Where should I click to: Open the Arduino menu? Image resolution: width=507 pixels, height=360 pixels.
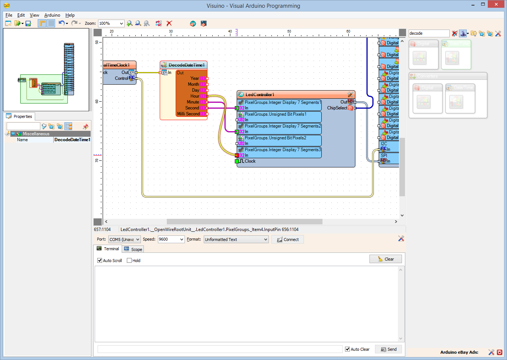pyautogui.click(x=52, y=15)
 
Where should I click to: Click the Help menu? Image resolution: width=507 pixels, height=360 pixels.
pyautogui.click(x=70, y=15)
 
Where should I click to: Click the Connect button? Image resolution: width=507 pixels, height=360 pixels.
pyautogui.click(x=288, y=240)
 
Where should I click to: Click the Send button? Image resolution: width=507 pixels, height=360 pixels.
pyautogui.click(x=388, y=349)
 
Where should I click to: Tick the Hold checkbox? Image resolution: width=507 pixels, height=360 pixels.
pyautogui.click(x=129, y=261)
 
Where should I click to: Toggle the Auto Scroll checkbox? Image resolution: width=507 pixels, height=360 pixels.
pyautogui.click(x=100, y=261)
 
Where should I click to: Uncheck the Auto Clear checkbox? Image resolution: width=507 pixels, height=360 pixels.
pyautogui.click(x=347, y=349)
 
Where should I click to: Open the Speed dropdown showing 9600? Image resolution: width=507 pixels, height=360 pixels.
pyautogui.click(x=171, y=240)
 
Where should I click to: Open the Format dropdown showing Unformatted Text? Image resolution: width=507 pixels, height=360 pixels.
pyautogui.click(x=236, y=240)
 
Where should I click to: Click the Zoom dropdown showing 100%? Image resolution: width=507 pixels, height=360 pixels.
pyautogui.click(x=111, y=23)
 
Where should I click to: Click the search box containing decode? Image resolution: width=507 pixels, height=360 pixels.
pyautogui.click(x=429, y=33)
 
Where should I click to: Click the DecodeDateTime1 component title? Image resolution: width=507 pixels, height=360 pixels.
pyautogui.click(x=186, y=65)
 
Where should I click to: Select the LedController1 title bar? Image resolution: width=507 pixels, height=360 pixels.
pyautogui.click(x=260, y=95)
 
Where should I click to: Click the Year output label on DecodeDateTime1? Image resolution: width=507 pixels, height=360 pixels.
pyautogui.click(x=195, y=78)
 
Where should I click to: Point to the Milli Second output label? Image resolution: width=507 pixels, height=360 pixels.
pyautogui.click(x=188, y=114)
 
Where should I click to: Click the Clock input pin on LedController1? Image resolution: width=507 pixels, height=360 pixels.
pyautogui.click(x=237, y=161)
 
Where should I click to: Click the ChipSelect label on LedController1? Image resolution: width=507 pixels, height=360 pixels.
pyautogui.click(x=337, y=108)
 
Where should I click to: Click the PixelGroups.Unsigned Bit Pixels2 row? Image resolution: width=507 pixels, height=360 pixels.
pyautogui.click(x=276, y=138)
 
